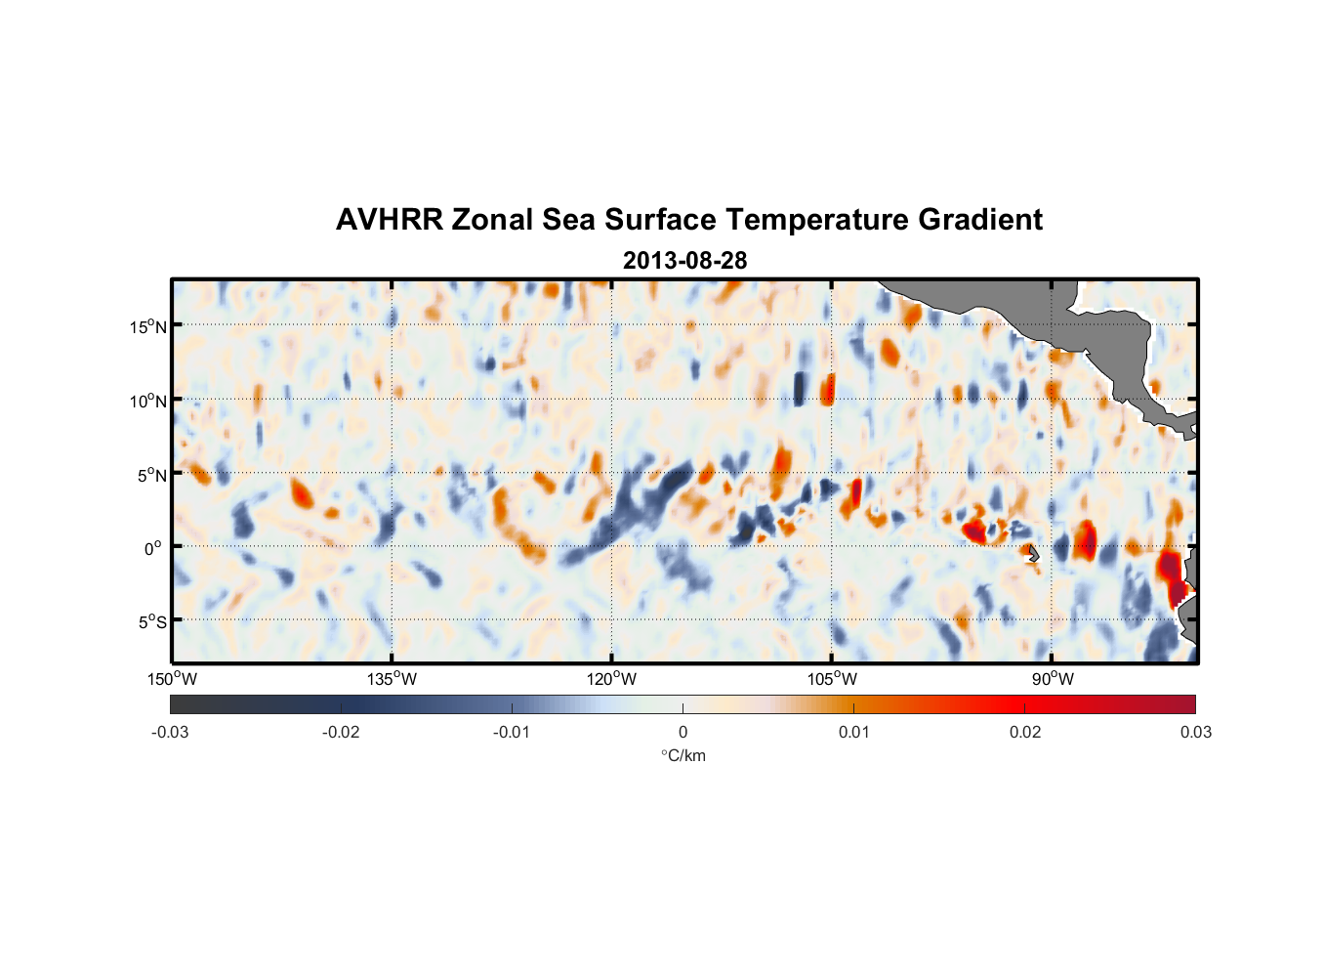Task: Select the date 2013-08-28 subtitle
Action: (x=684, y=261)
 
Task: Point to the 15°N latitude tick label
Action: (x=148, y=326)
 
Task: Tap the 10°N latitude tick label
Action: (x=148, y=401)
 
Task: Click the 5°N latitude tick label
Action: (x=151, y=475)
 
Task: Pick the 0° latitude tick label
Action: (x=153, y=548)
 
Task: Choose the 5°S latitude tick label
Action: (x=151, y=622)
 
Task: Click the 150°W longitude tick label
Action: (x=173, y=679)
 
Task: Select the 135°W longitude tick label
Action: (x=393, y=679)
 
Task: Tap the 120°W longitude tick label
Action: (x=612, y=679)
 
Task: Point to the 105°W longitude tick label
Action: (x=832, y=679)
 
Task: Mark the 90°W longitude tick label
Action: (x=1053, y=679)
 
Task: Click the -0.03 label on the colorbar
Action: (x=170, y=732)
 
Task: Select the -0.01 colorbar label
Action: (x=512, y=732)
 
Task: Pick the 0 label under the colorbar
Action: (x=683, y=732)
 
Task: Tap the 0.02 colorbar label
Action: (x=1025, y=732)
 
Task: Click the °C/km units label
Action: (x=683, y=755)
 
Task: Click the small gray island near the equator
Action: (x=1033, y=554)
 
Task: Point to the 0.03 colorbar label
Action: (x=1195, y=732)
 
